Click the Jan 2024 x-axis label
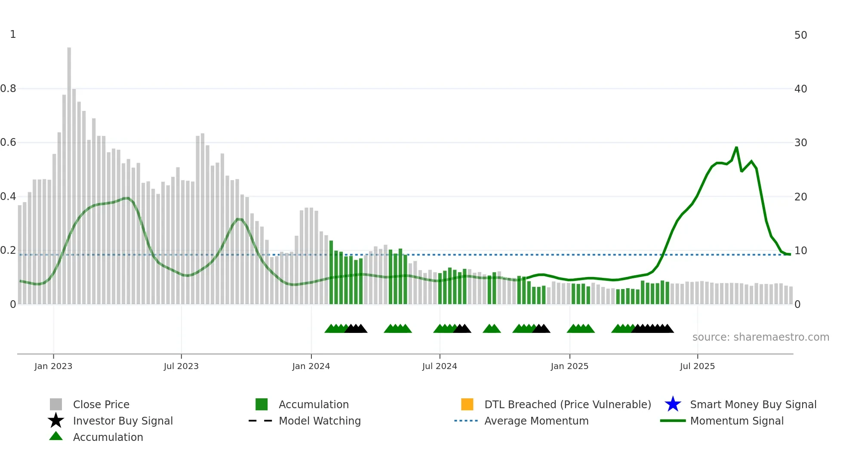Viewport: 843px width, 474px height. click(311, 366)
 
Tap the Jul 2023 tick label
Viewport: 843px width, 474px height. click(181, 366)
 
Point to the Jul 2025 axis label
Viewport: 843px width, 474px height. click(697, 366)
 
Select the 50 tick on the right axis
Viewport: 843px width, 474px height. click(800, 35)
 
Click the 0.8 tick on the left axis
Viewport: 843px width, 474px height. click(8, 89)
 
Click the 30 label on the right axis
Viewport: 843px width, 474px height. click(800, 142)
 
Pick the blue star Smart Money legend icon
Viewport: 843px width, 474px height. click(673, 404)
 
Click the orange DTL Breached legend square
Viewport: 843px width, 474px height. click(467, 404)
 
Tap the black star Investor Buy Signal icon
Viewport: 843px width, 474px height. click(56, 421)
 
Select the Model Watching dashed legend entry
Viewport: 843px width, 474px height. click(260, 421)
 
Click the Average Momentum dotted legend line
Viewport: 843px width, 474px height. click(466, 421)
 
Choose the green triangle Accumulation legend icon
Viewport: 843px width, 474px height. click(56, 436)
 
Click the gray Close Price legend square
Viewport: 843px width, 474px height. click(56, 404)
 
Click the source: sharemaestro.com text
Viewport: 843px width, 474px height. click(760, 337)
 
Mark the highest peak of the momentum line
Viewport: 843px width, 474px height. click(736, 148)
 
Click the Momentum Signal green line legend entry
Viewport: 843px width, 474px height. click(673, 421)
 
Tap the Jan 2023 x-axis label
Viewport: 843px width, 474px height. click(53, 366)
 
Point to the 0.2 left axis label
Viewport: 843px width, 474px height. click(8, 250)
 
